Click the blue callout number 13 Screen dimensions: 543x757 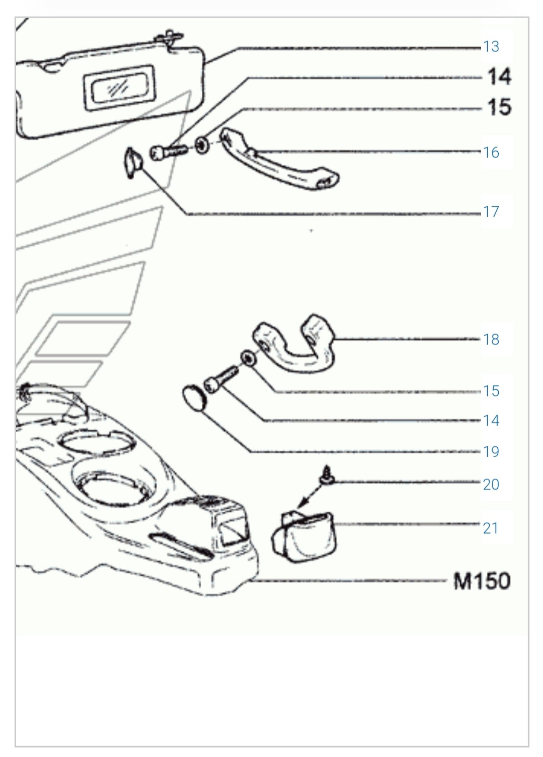tap(491, 47)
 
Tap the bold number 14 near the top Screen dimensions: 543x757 tap(499, 77)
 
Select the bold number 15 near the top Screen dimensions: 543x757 tap(499, 107)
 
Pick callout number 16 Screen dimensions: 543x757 tap(491, 153)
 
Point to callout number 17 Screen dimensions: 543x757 tap(491, 212)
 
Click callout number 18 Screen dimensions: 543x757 tap(491, 340)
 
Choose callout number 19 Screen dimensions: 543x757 tap(491, 452)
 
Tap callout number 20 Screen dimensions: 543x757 tap(491, 485)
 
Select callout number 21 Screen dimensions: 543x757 tap(491, 528)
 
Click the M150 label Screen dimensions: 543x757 tap(482, 581)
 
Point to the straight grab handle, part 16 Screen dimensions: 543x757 tap(279, 159)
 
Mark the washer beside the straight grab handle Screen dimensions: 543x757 tap(202, 146)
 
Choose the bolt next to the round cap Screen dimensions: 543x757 tap(221, 380)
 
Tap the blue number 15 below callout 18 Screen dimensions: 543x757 tap(491, 391)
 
